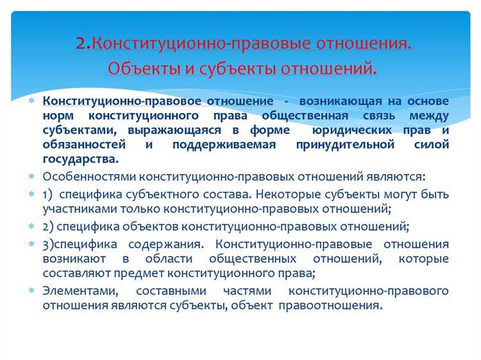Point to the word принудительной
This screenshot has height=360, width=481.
[x=341, y=144]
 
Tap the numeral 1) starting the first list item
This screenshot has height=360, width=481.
[x=48, y=194]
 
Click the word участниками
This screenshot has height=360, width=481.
[x=73, y=208]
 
